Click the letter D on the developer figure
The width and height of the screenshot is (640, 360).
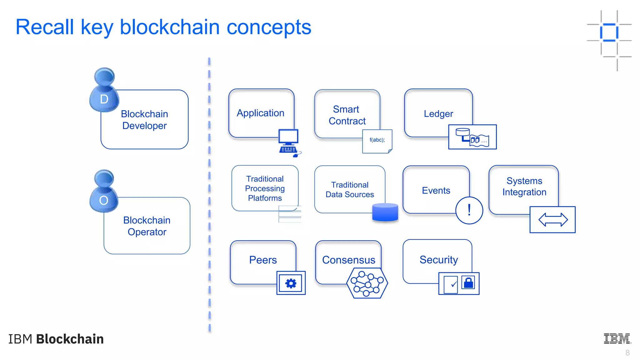coord(104,99)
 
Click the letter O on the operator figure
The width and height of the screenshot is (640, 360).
coord(104,200)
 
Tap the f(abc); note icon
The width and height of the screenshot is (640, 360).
coord(377,141)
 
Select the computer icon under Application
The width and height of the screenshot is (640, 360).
coord(289,142)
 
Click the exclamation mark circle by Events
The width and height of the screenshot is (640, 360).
coord(469,210)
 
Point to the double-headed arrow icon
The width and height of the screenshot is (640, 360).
coord(553,220)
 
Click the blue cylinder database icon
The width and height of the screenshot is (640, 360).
coord(385,212)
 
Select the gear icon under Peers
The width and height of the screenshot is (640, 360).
coord(291,283)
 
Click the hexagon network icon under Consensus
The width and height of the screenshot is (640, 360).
coord(367,283)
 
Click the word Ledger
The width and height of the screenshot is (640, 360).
coord(438,114)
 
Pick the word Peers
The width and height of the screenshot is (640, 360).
coord(263,260)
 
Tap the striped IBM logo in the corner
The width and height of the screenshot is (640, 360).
coord(617,338)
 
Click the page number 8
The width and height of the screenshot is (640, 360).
coord(627,353)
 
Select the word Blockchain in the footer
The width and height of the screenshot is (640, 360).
coord(70,339)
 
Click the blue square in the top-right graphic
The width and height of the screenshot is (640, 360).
coord(609,32)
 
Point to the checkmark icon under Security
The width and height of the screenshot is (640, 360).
coord(453,284)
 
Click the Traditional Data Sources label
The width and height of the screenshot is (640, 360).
coord(350,190)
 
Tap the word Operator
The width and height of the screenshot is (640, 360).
coord(147,232)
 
